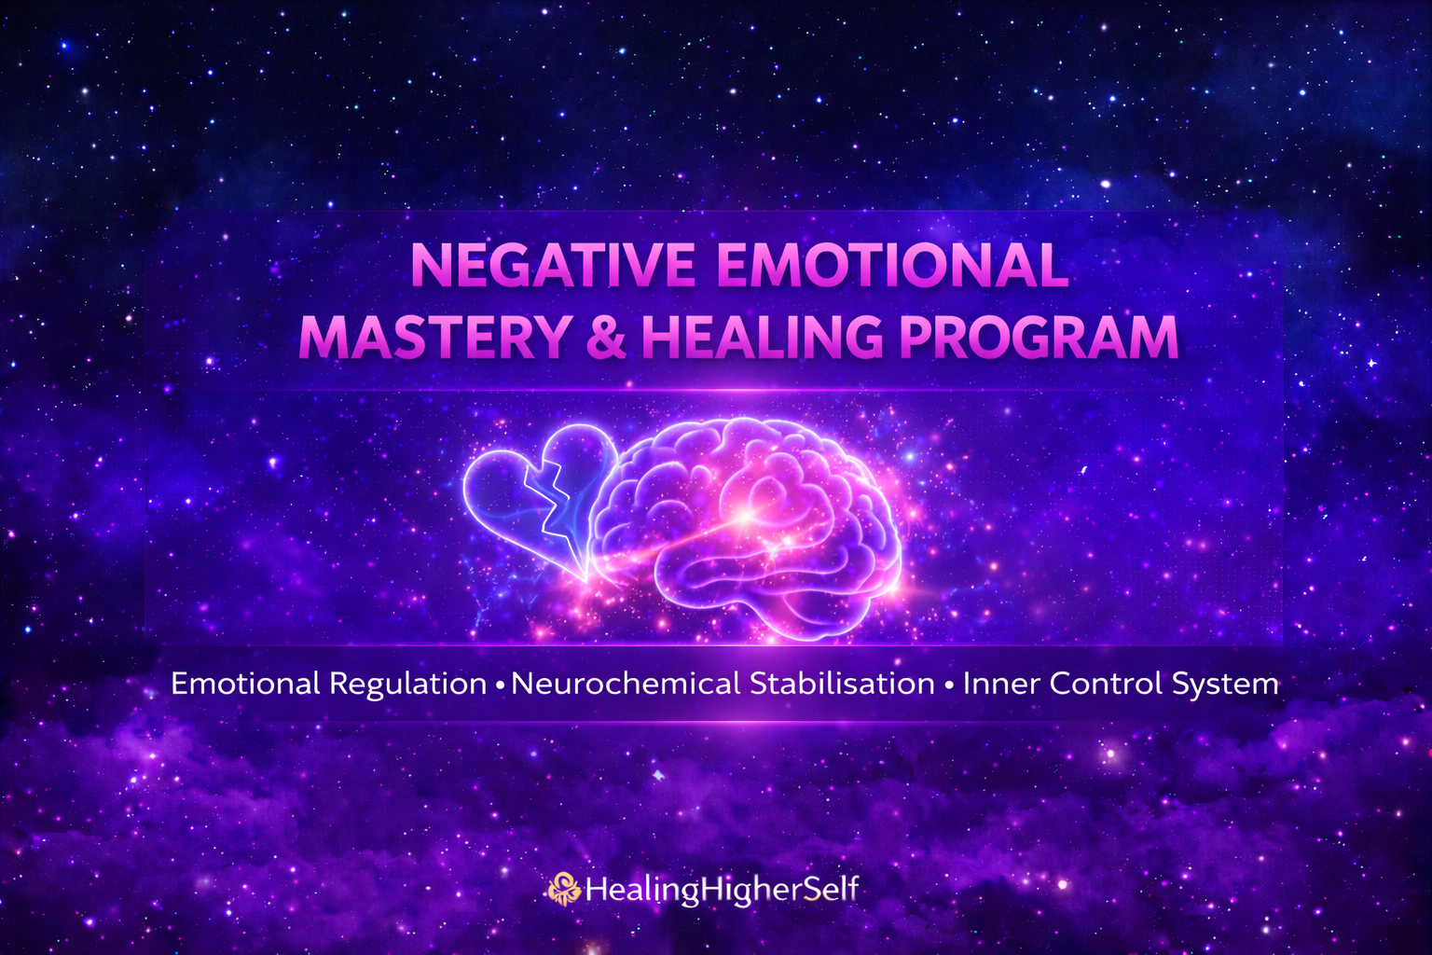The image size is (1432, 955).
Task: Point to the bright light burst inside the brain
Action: tap(746, 513)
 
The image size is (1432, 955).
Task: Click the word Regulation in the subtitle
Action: tap(407, 685)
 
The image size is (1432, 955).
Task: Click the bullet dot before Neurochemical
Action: tap(501, 686)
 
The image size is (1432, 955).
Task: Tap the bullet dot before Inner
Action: tap(948, 686)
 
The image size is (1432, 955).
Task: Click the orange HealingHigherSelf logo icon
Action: tap(564, 889)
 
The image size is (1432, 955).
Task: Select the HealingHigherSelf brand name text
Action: tap(721, 890)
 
